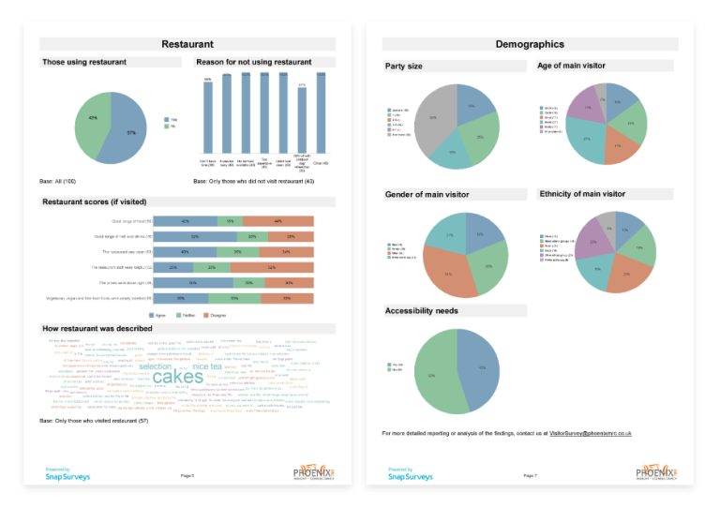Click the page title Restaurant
(x=187, y=44)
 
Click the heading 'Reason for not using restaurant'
(x=253, y=62)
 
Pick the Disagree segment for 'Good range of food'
(x=279, y=220)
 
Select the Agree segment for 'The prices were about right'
(x=192, y=282)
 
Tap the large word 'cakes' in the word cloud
(x=178, y=377)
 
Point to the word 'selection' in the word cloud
(x=156, y=366)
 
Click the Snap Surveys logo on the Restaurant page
(x=68, y=475)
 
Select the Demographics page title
(x=530, y=44)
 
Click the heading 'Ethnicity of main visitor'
(x=582, y=194)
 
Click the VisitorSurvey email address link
(x=590, y=434)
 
